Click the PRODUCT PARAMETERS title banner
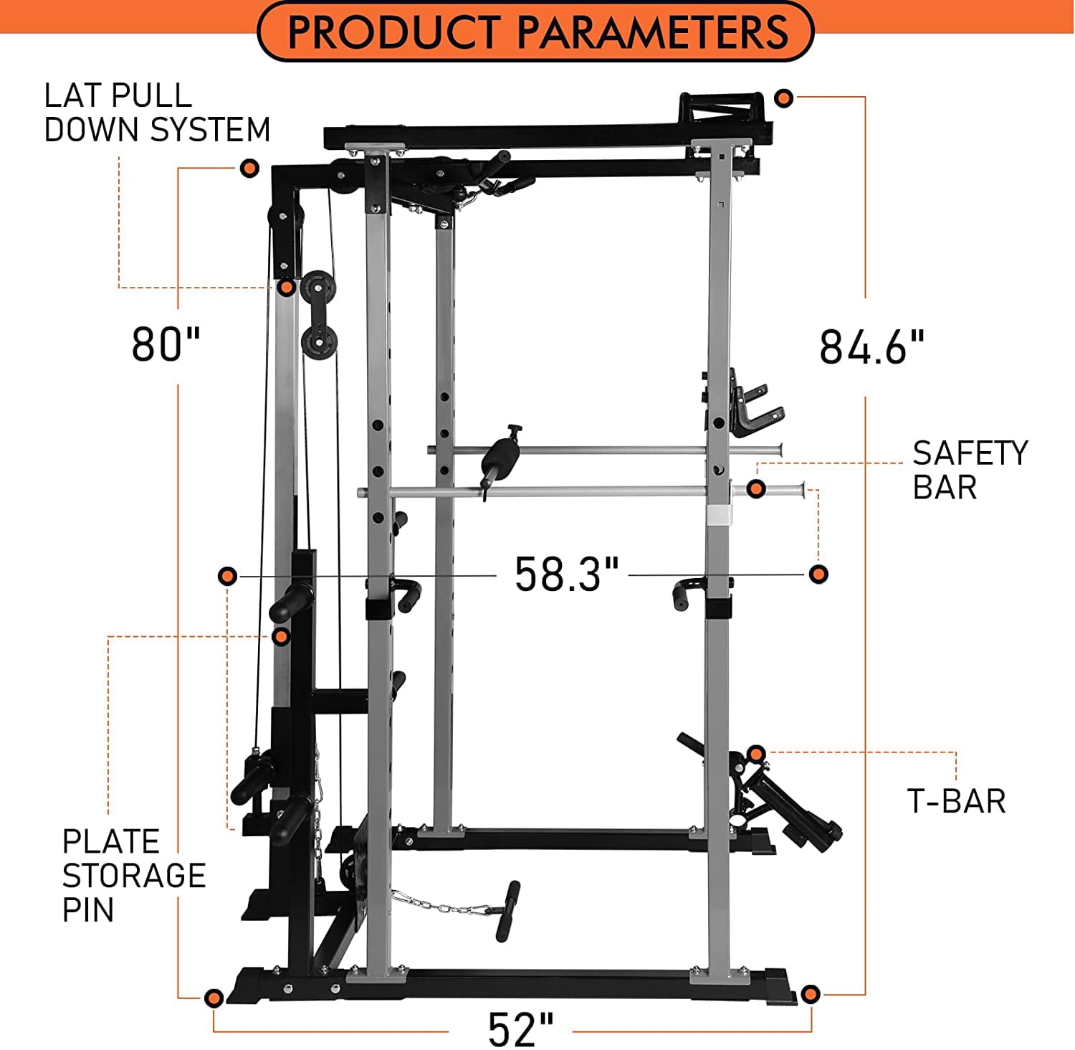click(x=536, y=32)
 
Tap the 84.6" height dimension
click(x=871, y=348)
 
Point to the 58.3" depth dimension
click(x=566, y=574)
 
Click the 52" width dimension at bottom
click(x=521, y=1030)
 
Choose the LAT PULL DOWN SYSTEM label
click(x=157, y=113)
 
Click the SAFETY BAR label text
click(x=970, y=470)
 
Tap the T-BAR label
click(x=956, y=801)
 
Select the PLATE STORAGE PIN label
click(x=134, y=876)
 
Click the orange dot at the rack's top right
click(x=784, y=98)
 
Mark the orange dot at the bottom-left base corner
click(x=214, y=998)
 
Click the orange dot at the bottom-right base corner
click(x=810, y=994)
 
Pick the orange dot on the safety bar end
click(x=756, y=489)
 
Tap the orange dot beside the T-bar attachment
click(x=755, y=754)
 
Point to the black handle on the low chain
click(x=507, y=911)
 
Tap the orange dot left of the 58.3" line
click(x=227, y=576)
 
